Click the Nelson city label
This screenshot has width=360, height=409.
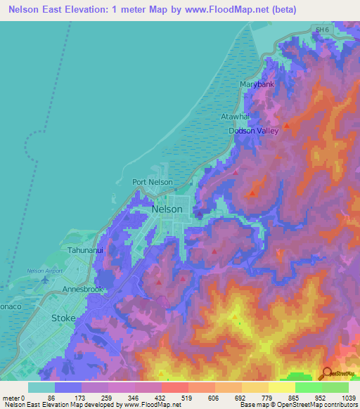pos(167,209)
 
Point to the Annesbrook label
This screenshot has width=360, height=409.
pos(83,290)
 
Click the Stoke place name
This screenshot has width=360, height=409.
pos(64,318)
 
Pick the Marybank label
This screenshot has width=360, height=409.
pos(256,84)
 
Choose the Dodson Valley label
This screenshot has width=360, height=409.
pos(254,131)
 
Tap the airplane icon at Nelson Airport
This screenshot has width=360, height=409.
pos(46,280)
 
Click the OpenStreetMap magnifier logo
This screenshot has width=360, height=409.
pos(326,374)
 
